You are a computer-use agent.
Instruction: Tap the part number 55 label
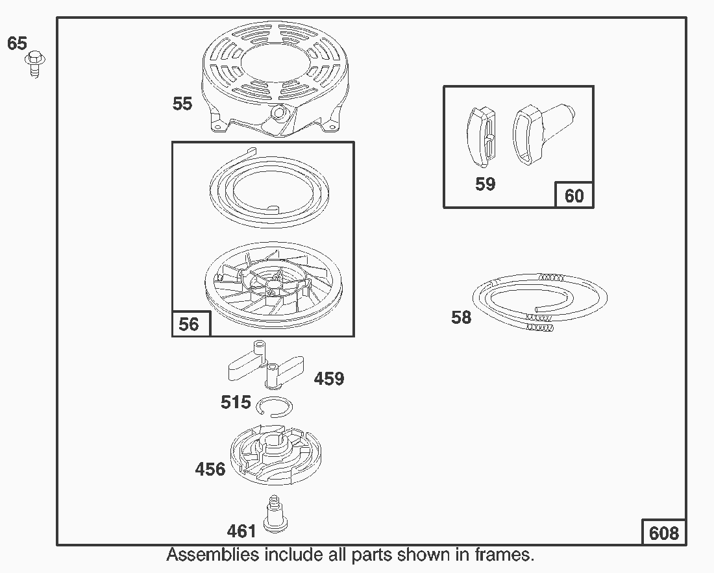pyautogui.click(x=182, y=103)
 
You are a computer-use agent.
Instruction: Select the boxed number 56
pyautogui.click(x=189, y=324)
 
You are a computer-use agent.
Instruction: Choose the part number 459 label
pyautogui.click(x=329, y=378)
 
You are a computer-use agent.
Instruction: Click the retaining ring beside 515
pyautogui.click(x=275, y=406)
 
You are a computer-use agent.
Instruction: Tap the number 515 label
pyautogui.click(x=236, y=402)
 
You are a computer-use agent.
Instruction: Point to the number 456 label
pyautogui.click(x=210, y=469)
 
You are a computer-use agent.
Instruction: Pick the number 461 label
pyautogui.click(x=241, y=531)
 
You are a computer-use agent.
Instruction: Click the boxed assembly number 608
pyautogui.click(x=664, y=533)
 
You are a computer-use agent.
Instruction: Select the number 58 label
pyautogui.click(x=462, y=318)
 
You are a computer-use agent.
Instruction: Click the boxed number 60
pyautogui.click(x=574, y=195)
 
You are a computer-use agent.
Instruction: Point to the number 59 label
pyautogui.click(x=485, y=184)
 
